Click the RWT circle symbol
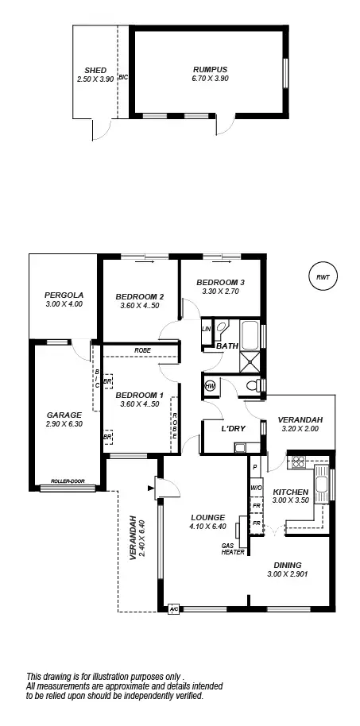322,277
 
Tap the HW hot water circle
211,385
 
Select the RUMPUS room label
210,69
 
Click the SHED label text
95,70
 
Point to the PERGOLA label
64,295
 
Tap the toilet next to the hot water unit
252,385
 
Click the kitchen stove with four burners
297,461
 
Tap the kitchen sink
322,483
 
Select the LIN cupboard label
207,328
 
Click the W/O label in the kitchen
256,488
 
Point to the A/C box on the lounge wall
173,609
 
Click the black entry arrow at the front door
150,488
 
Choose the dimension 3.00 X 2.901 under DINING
289,574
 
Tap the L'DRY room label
232,429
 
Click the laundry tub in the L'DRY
238,448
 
